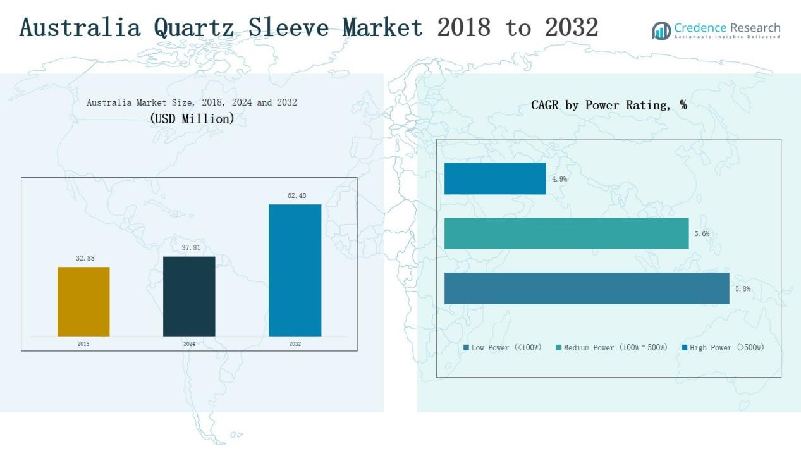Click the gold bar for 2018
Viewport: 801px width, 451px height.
83,302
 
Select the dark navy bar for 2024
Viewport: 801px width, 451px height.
189,296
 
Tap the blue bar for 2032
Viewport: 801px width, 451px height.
295,270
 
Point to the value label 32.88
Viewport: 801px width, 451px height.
85,258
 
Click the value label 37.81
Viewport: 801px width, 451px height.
190,248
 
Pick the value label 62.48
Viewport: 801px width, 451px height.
297,196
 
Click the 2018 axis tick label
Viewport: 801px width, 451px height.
83,344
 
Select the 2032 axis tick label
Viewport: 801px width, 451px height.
295,344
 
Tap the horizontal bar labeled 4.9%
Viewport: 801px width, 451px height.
495,178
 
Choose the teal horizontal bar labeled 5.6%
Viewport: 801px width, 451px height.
566,233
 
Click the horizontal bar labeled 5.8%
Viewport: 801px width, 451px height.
587,288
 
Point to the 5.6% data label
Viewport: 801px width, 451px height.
702,234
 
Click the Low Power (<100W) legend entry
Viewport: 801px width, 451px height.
503,348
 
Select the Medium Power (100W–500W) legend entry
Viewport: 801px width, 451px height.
611,348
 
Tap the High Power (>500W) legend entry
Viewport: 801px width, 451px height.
723,348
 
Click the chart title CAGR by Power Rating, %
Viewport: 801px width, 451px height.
609,106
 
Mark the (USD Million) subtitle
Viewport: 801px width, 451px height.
192,118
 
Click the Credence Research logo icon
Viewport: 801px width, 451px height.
661,30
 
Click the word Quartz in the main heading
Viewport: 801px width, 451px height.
193,27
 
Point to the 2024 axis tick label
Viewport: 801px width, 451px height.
189,344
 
